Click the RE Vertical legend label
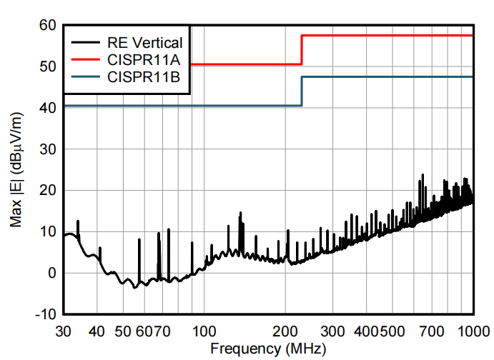tap(144, 42)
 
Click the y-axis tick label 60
tap(47, 26)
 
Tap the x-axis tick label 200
tap(287, 331)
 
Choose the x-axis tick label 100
tap(205, 331)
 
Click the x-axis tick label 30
tap(64, 331)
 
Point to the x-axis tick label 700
tap(431, 331)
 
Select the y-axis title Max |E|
tap(16, 170)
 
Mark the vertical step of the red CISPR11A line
tap(302, 50)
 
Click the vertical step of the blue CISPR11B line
tap(302, 91)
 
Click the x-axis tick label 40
tap(97, 331)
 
